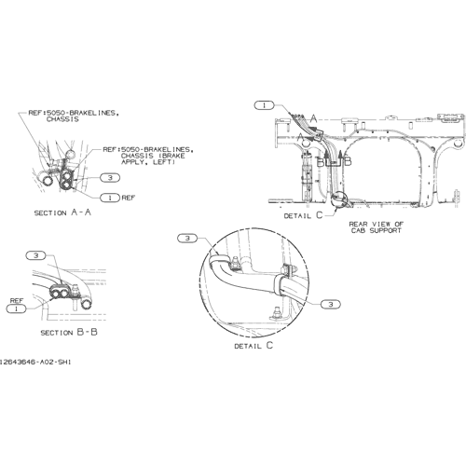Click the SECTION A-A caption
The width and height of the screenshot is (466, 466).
(62, 212)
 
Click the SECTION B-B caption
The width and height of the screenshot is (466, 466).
(69, 332)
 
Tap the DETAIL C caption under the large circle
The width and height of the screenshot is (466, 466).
(254, 346)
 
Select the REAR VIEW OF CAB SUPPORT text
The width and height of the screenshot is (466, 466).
(376, 227)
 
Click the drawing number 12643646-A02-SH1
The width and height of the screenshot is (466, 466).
(34, 362)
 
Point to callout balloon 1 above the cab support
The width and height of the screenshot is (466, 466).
(265, 105)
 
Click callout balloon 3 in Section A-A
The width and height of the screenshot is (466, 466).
(110, 178)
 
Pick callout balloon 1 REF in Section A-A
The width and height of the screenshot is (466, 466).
(110, 198)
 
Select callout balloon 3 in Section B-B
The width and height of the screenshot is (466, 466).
(36, 255)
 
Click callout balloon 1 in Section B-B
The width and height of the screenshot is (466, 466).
(16, 308)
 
